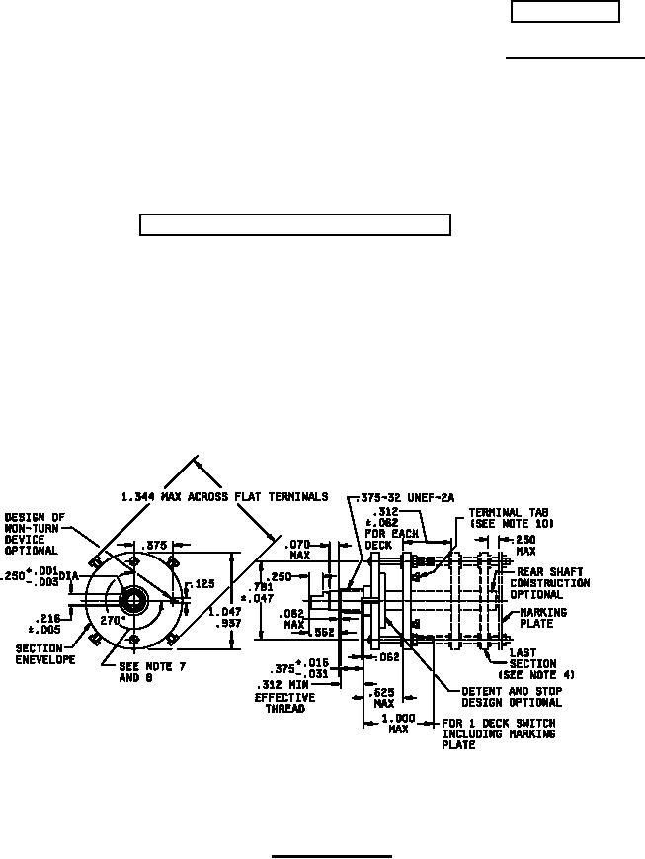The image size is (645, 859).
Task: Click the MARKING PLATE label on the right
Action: tap(543, 617)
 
